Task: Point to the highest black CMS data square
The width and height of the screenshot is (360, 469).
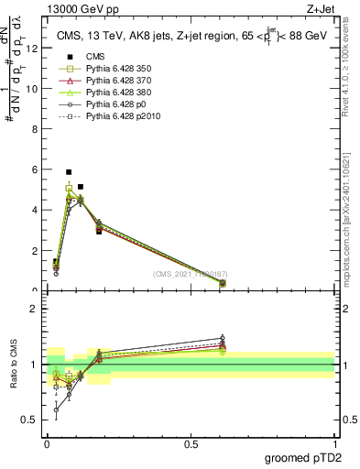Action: (69, 172)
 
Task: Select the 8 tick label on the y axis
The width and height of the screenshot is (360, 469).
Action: (35, 129)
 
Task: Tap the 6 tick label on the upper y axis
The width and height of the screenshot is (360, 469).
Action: (35, 169)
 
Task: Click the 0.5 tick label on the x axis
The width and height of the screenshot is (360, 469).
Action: (191, 443)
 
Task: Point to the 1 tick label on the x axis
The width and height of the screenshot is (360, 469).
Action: (334, 443)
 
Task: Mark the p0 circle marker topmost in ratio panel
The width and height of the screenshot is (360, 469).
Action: (222, 338)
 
